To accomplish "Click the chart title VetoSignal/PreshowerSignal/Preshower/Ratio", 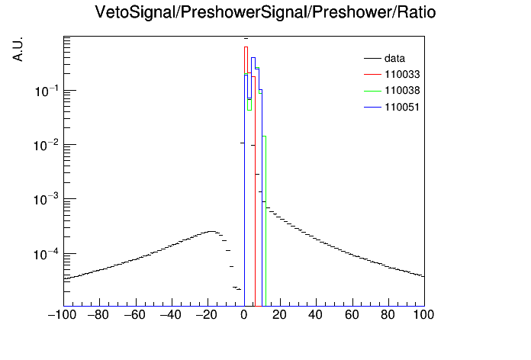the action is pos(265,12).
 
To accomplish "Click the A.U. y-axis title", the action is pos(18,49).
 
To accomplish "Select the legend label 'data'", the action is pos(394,58).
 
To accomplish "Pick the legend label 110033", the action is pos(402,74).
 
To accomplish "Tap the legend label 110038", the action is pos(402,91).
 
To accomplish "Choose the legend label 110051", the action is pos(402,107).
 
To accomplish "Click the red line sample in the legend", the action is pos(372,75).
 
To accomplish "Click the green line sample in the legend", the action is pos(372,91).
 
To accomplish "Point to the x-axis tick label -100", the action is pos(63,315).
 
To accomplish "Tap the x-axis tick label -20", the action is pos(207,315).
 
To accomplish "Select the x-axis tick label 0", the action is pos(244,315).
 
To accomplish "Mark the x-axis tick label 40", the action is pos(315,315).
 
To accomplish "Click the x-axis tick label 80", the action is pos(388,315).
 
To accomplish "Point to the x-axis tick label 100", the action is pos(423,315).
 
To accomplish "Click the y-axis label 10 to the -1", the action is pos(47,91).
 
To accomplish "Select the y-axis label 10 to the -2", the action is pos(47,145).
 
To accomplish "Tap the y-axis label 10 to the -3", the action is pos(47,200).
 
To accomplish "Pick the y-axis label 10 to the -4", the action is pos(47,254).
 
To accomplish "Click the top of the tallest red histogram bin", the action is pos(246,47).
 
